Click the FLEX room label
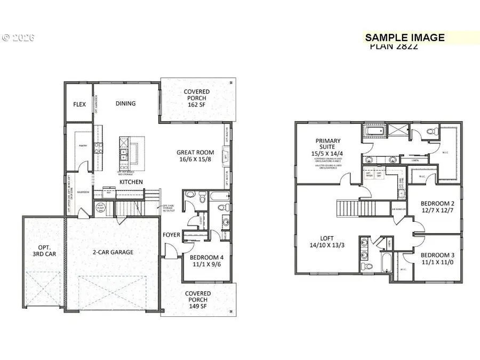point(79,104)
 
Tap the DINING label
point(125,103)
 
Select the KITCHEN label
point(131,182)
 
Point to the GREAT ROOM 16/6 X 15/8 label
point(195,156)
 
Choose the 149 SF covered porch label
point(198,300)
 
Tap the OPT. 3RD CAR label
point(43,250)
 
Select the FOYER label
point(171,234)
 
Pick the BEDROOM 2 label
point(436,207)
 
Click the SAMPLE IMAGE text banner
point(404,37)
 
